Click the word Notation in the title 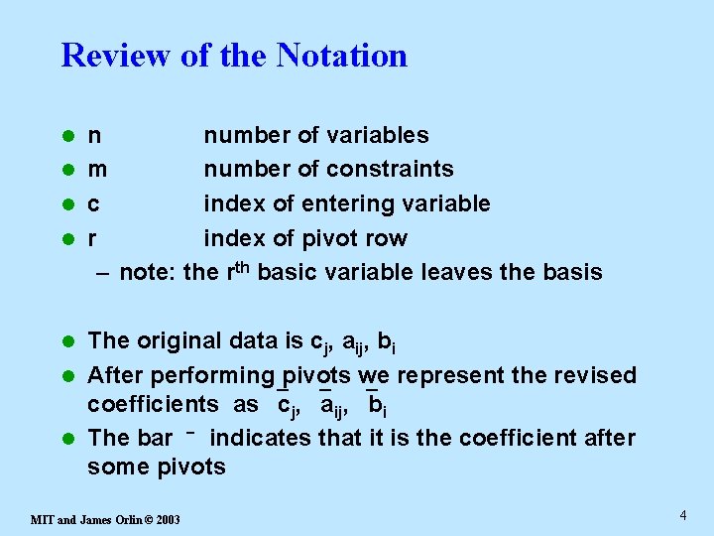pos(342,55)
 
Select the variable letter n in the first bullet pos(94,136)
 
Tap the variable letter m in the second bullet pos(97,170)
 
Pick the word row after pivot pos(388,239)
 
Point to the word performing pos(218,376)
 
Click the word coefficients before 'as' pos(153,404)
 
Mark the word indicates pos(260,439)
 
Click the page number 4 pos(683,515)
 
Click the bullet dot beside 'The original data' pos(68,341)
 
